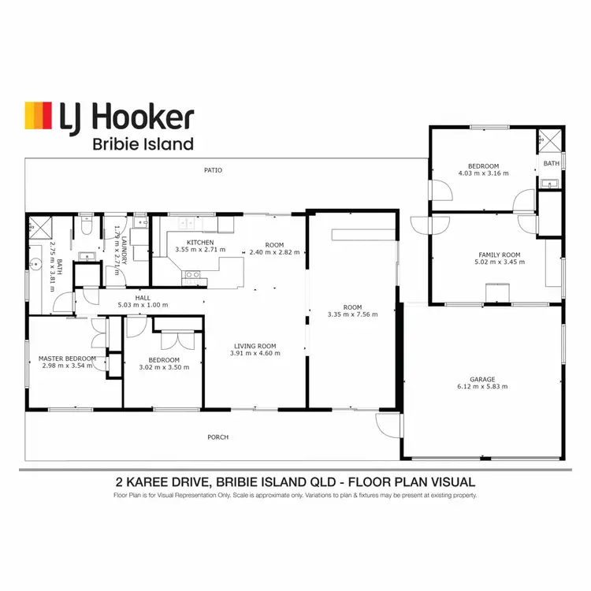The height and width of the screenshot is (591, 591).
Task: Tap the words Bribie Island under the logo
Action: [143, 144]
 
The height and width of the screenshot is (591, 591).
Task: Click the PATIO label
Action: [213, 170]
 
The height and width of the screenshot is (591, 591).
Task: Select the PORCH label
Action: [217, 437]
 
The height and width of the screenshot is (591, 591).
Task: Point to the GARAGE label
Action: [482, 379]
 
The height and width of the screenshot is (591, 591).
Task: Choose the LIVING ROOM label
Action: [255, 345]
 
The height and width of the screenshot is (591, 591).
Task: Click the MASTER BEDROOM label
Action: [67, 359]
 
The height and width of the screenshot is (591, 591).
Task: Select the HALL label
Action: [143, 297]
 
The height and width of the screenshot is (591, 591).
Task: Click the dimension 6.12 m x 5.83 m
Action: [482, 387]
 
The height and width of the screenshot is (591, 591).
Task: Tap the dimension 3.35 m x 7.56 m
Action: [352, 314]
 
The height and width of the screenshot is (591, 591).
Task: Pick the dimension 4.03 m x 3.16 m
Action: [483, 173]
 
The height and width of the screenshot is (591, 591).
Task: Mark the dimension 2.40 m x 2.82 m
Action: [275, 253]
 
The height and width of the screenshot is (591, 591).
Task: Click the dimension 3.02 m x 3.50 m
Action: [164, 367]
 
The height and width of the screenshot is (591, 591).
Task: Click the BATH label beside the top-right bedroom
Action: [551, 164]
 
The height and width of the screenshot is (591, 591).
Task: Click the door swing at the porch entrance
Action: [387, 426]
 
